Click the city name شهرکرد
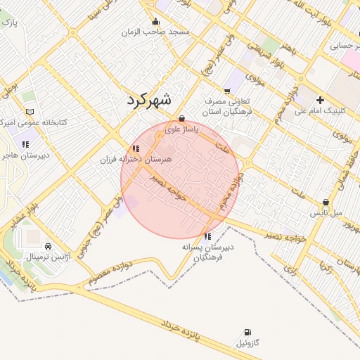click(149, 99)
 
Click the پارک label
click(10, 23)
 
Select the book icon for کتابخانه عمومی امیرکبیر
click(29, 112)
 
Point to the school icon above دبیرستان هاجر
click(27, 144)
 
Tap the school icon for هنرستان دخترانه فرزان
click(134, 149)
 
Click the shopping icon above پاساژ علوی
click(182, 119)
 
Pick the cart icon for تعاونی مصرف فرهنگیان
click(226, 91)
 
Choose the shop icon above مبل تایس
click(326, 202)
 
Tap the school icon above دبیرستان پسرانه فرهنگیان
click(207, 237)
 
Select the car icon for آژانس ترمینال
click(48, 247)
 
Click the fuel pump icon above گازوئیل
click(247, 332)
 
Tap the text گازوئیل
click(248, 343)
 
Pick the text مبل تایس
click(327, 212)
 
